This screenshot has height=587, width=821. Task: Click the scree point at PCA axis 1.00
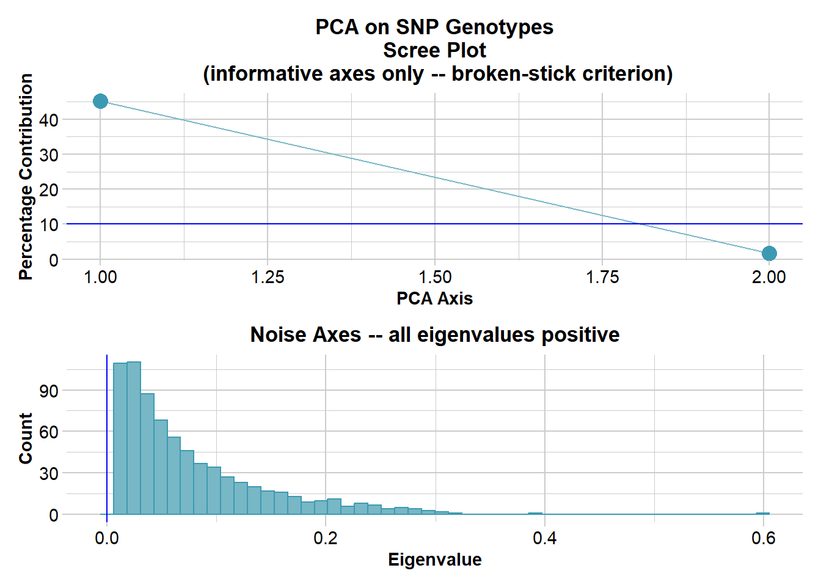point(101,102)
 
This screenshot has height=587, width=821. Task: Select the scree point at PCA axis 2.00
point(769,253)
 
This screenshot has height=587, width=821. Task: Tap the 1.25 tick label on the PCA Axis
point(268,278)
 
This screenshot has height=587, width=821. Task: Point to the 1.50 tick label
point(435,278)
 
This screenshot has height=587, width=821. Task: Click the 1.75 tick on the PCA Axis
point(602,278)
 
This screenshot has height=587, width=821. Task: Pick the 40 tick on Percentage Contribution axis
point(49,120)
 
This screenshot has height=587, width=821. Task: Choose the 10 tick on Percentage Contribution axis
point(49,225)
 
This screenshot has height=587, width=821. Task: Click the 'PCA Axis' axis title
point(434,298)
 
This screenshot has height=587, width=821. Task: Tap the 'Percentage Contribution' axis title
point(26,177)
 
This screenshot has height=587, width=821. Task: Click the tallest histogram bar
point(134,438)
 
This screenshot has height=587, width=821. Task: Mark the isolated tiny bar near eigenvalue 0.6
point(762,514)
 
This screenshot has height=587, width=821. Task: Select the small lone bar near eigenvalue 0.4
point(535,514)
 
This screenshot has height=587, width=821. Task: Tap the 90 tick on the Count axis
point(49,391)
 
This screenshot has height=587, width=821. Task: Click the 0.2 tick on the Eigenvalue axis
point(326,538)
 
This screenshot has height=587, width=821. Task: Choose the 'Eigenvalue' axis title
point(434,559)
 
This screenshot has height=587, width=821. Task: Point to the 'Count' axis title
point(26,438)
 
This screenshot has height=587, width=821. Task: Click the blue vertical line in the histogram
point(107,428)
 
